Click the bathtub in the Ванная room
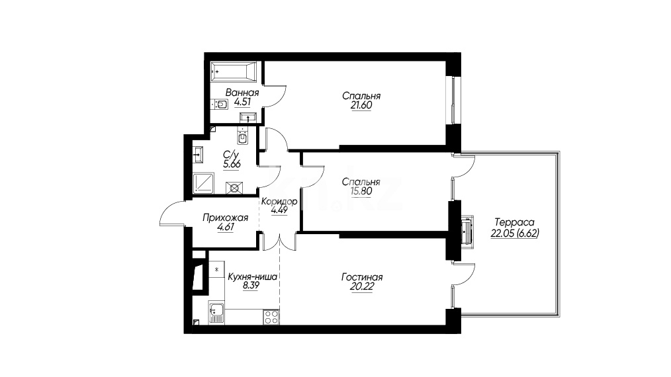pos(234,72)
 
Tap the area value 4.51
pos(242,103)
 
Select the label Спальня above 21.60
pos(361,96)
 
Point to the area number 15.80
pos(361,191)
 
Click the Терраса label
pos(514,222)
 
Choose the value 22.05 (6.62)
pos(514,233)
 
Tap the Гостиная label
pos(362,277)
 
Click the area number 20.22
pos(361,286)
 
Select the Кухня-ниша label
pos(253,276)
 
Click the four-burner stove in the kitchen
pos(271,317)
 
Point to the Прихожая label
pos(225,218)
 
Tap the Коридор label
pos(279,201)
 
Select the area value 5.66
pos(232,164)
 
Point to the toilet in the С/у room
pos(242,137)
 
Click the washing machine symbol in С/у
pos(234,188)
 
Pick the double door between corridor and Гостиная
pos(279,242)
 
